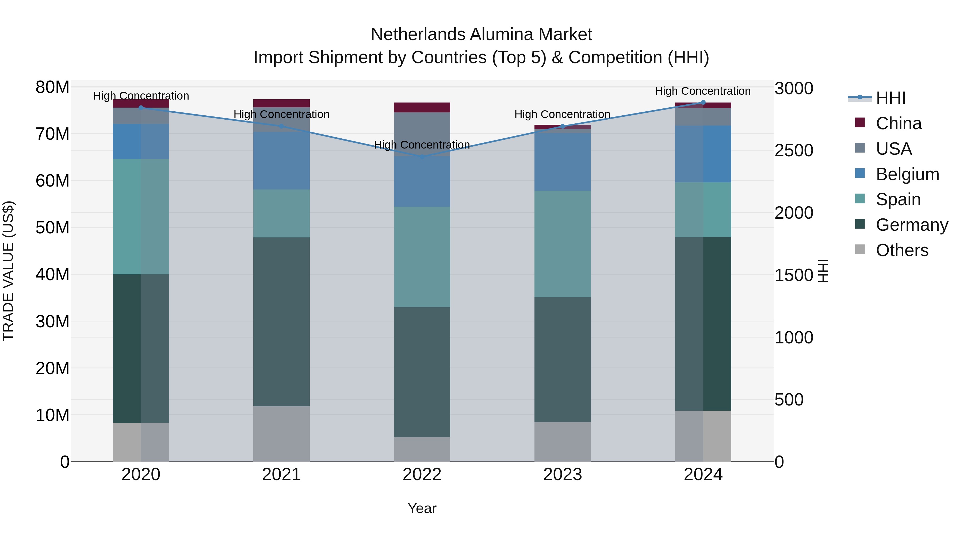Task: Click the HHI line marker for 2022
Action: [422, 157]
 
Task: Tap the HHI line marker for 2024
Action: [703, 103]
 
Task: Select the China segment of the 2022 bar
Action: [422, 107]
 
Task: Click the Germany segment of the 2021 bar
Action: [281, 322]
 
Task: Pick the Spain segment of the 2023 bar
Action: [563, 244]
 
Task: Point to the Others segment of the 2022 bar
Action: [422, 449]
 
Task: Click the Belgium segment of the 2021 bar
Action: [281, 161]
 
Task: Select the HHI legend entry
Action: [891, 98]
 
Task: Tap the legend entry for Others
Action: [902, 250]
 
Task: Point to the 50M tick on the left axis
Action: [52, 228]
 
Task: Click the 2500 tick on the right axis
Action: [794, 151]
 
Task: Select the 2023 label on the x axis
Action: [563, 475]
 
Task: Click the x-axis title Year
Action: [422, 508]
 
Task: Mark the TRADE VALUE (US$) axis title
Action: [8, 271]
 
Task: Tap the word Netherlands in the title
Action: [418, 35]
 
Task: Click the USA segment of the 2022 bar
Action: [422, 134]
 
